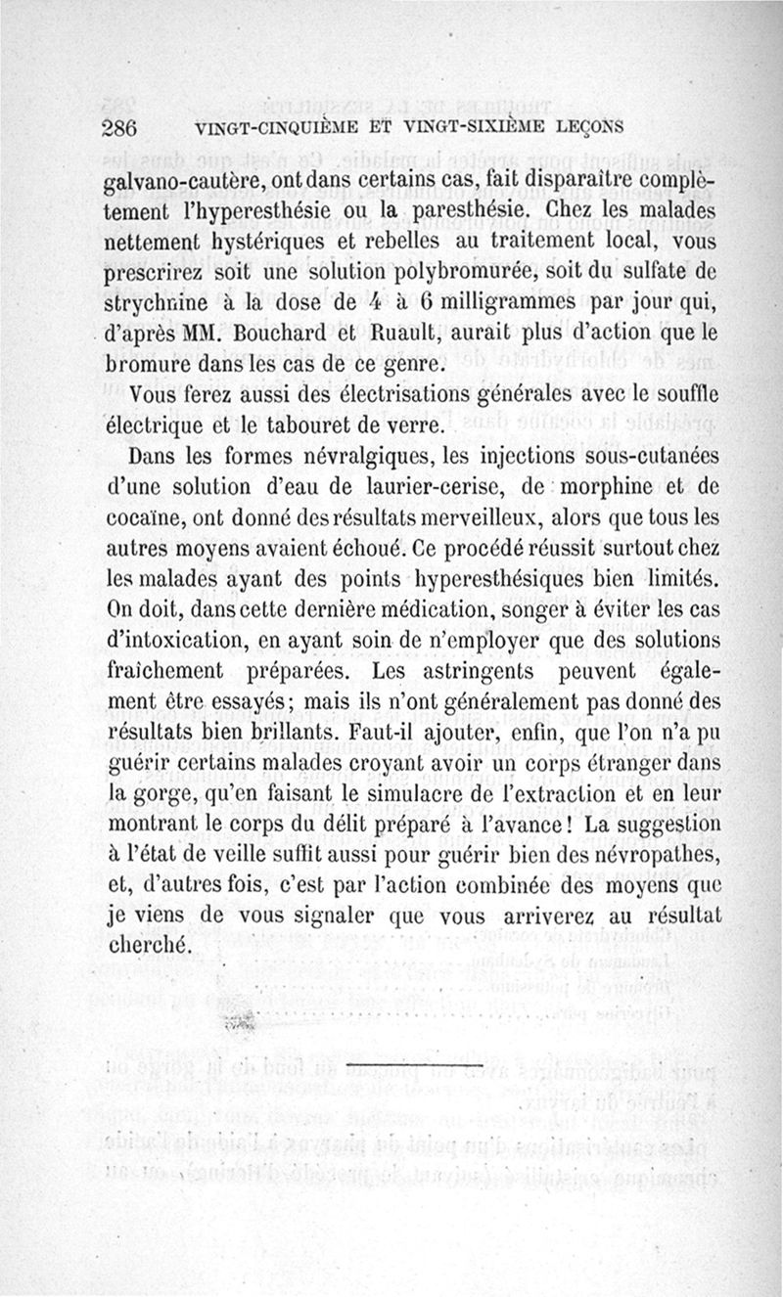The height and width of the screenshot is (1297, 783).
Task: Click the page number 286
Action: pos(123,127)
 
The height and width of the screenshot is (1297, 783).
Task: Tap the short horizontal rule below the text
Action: pos(415,1062)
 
